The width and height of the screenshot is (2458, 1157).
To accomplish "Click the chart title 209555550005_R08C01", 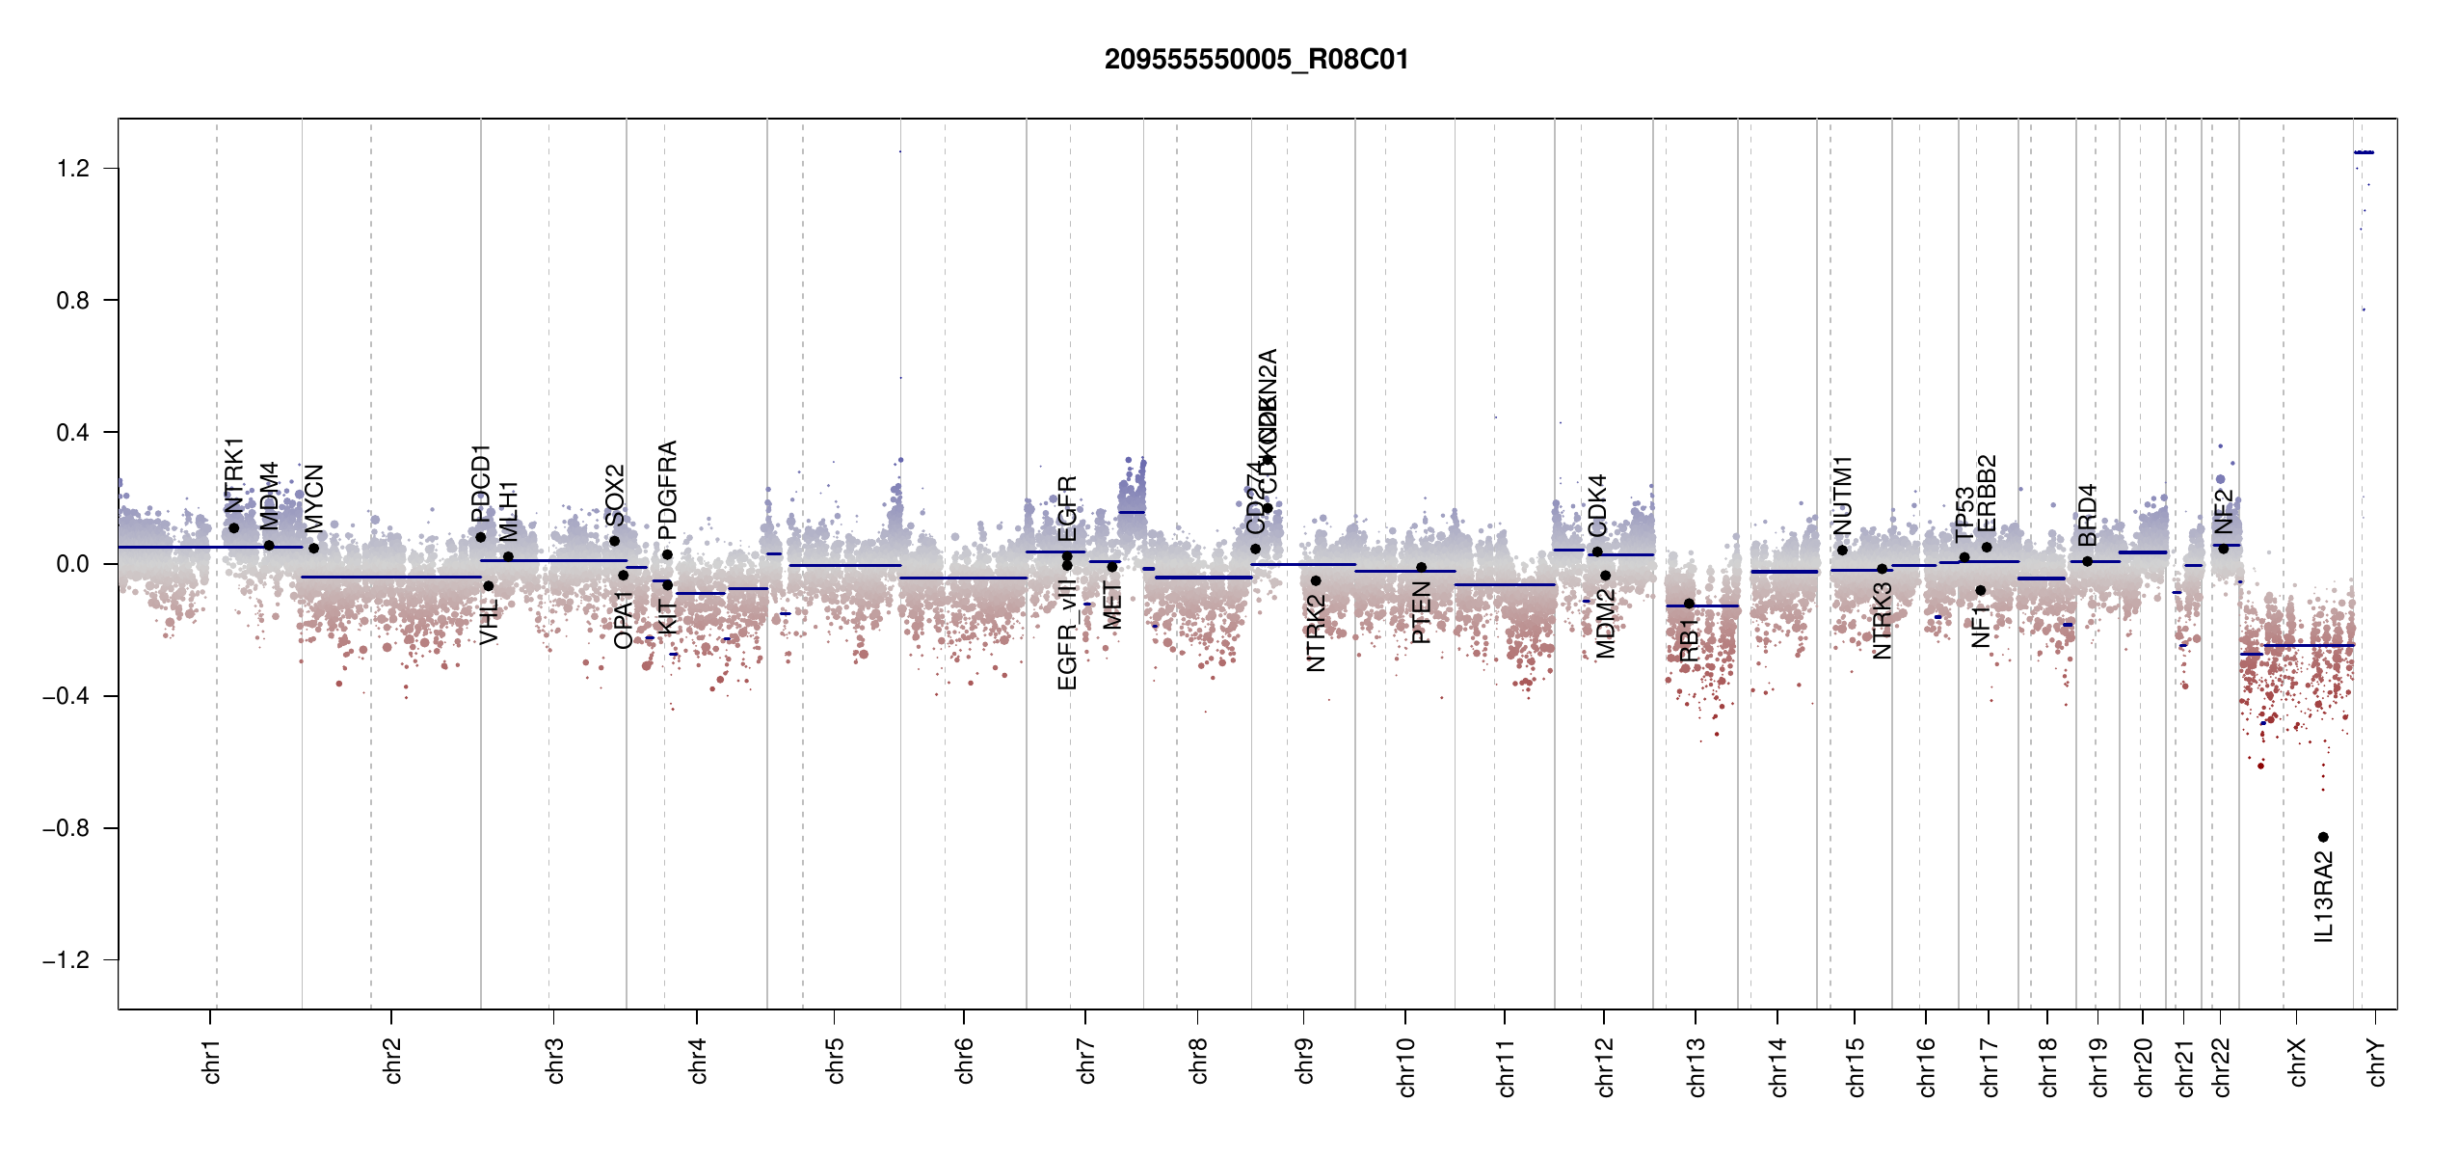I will click(1256, 60).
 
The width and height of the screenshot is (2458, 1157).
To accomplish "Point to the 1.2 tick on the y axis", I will click(73, 169).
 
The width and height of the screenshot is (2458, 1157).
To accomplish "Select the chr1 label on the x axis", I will click(212, 1061).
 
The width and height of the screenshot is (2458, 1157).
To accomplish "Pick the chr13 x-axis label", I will click(1697, 1066).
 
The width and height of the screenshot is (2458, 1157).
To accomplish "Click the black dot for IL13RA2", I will click(2323, 837).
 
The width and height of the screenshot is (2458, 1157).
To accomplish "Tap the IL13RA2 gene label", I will click(2324, 897).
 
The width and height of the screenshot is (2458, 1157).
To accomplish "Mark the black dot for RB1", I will click(1689, 604).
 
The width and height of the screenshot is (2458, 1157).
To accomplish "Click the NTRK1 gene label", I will click(234, 475).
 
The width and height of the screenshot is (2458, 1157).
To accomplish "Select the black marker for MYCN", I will click(313, 549).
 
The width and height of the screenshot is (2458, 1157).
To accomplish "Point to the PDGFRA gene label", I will click(667, 489).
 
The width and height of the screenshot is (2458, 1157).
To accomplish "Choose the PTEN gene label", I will click(1421, 612).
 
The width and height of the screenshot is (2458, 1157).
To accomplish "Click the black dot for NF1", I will click(1981, 590).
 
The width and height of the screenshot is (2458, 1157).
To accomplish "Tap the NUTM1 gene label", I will click(1842, 495).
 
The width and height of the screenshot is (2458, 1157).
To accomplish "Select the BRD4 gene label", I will click(2087, 515).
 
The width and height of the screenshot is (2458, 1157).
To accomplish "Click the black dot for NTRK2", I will click(1316, 580).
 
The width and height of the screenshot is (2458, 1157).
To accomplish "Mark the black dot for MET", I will click(1111, 567).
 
